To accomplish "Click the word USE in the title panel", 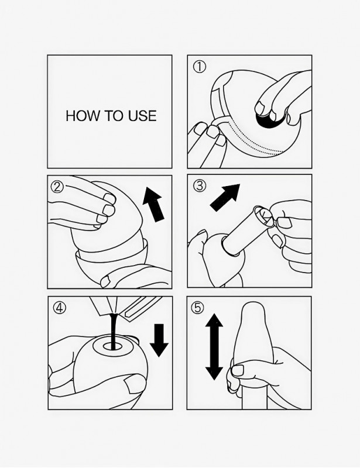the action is click(142, 116).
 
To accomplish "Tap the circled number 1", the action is click(199, 67).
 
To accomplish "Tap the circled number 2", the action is click(57, 187).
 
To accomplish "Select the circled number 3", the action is click(199, 186).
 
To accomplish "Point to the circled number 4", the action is click(60, 308).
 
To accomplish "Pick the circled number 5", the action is click(197, 308).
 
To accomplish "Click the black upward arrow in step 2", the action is click(153, 204).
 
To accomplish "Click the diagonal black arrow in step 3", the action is click(225, 198).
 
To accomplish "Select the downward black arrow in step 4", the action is click(159, 340).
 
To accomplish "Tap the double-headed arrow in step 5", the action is click(214, 347).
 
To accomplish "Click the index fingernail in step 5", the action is click(238, 370).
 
